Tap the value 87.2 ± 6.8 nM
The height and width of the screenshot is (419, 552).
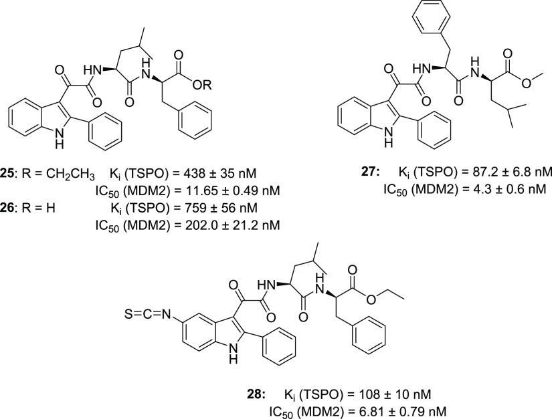tap(508, 172)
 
